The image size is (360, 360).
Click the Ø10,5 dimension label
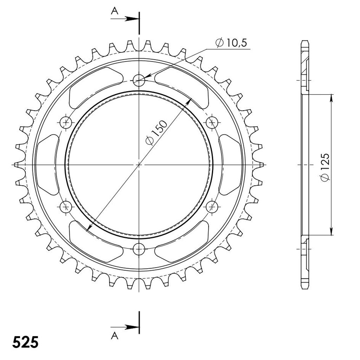pyautogui.click(x=231, y=43)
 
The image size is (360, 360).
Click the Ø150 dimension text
pyautogui.click(x=156, y=133)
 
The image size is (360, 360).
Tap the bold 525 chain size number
pyautogui.click(x=25, y=342)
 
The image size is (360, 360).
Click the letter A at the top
pyautogui.click(x=115, y=11)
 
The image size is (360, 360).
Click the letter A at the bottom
pyautogui.click(x=115, y=336)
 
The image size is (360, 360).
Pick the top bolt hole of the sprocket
pyautogui.click(x=139, y=81)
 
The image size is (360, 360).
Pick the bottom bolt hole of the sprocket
pyautogui.click(x=139, y=249)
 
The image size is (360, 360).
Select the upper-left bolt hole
pyautogui.click(x=66, y=123)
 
